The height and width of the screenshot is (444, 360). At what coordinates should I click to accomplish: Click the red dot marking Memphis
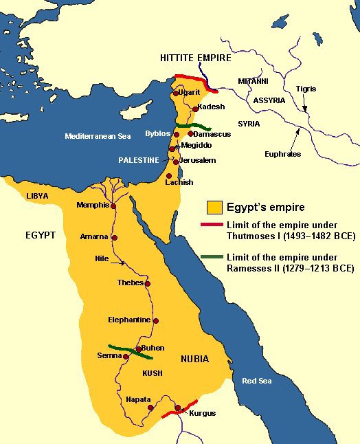pyautogui.click(x=113, y=206)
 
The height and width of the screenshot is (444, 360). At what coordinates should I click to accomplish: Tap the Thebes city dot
pyautogui.click(x=148, y=283)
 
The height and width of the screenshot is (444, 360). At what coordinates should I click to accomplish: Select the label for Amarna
pyautogui.click(x=94, y=236)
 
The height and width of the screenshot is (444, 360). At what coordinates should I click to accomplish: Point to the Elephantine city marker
pyautogui.click(x=156, y=321)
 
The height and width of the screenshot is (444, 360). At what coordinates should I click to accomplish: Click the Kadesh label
pyautogui.click(x=212, y=107)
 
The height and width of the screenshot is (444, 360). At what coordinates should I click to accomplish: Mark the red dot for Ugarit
pyautogui.click(x=177, y=92)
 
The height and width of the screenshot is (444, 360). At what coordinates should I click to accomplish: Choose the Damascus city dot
pyautogui.click(x=190, y=133)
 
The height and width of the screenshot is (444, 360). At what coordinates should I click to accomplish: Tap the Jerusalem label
pyautogui.click(x=199, y=160)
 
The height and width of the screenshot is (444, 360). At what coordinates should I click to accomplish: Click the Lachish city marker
pyautogui.click(x=169, y=176)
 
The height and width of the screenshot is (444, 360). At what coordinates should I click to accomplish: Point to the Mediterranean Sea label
pyautogui.click(x=98, y=136)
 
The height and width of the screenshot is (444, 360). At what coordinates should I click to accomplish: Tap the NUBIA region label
pyautogui.click(x=194, y=359)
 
